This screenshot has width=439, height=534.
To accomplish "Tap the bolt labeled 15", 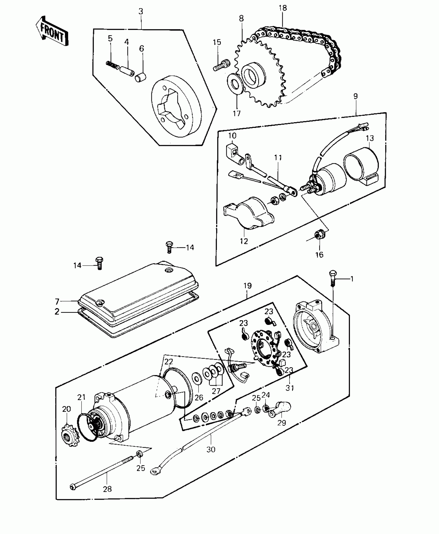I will pos(219,65).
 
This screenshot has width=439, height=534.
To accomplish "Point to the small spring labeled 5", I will pos(112,65).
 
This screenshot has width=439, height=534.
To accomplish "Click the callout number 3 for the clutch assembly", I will pos(141,11).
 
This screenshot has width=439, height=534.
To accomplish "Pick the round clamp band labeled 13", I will pos(362,165).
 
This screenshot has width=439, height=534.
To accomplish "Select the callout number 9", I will pos(355,96).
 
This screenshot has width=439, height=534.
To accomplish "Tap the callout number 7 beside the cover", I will pos(57,301).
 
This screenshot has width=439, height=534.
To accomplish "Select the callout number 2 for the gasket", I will pos(57,312).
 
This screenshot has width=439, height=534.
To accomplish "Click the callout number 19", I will pos(247,285).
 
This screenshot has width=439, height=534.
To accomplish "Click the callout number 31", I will pos(290,395).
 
